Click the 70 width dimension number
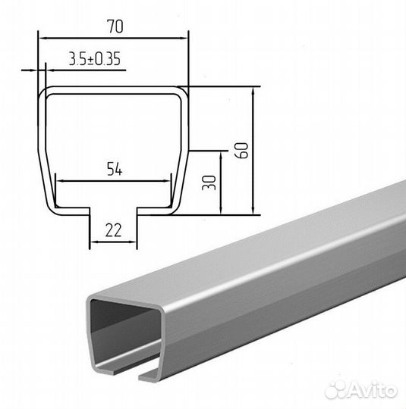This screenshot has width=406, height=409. click(x=115, y=27)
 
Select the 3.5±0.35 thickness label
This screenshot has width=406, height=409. click(x=95, y=58)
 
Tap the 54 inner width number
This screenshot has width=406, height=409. click(x=115, y=169)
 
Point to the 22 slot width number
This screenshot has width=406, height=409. click(x=114, y=230)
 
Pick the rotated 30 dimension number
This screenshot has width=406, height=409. click(x=209, y=183)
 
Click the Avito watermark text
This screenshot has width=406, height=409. click(x=373, y=390)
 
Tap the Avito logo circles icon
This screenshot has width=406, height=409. click(x=335, y=391)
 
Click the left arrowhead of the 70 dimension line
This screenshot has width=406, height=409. click(x=42, y=39)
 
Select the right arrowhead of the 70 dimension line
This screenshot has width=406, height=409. click(x=184, y=39)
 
